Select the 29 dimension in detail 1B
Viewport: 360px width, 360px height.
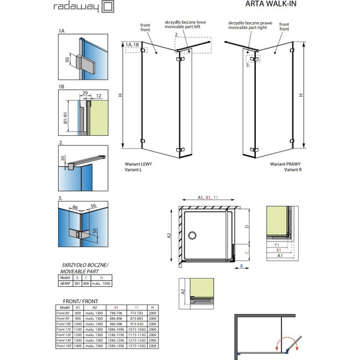[x=83, y=93]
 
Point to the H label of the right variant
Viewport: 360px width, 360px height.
[x=301, y=94]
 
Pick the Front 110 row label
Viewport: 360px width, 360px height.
[x=64, y=329]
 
